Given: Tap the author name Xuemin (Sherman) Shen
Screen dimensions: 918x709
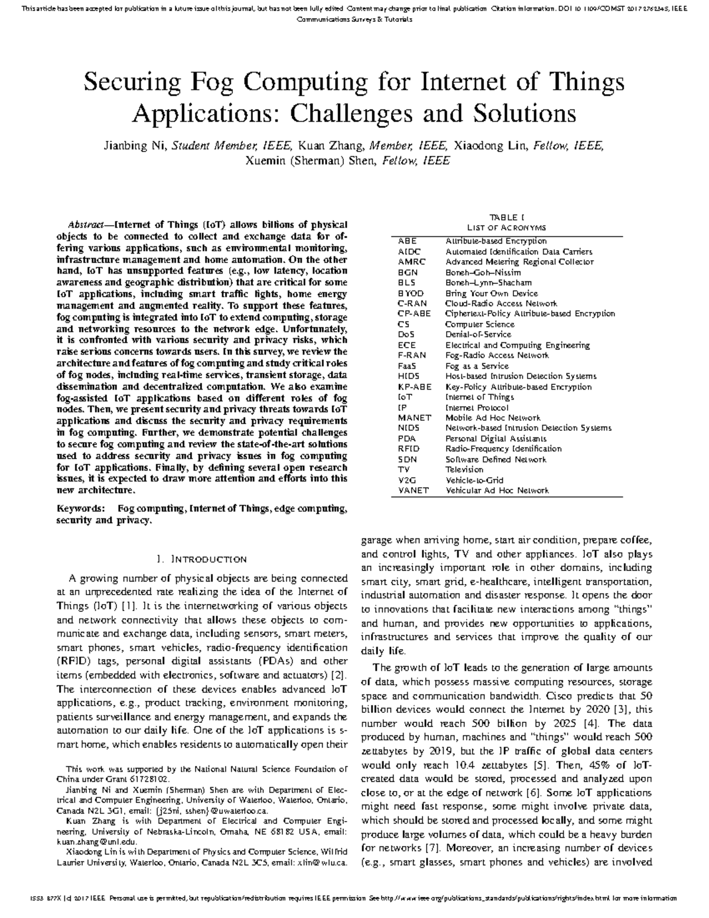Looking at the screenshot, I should coord(310,161).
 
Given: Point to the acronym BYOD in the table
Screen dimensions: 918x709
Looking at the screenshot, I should coord(410,293).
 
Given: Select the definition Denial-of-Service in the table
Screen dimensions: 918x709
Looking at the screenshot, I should coord(478,335).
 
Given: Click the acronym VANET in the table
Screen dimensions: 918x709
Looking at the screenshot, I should coord(414,490).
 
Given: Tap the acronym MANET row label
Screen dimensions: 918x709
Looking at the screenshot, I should coord(415,417).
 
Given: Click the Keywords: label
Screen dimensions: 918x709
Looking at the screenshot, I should coord(81,508).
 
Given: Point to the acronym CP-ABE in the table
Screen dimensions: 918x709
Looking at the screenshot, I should coord(414,314).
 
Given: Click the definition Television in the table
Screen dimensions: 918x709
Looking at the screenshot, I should coord(464,469).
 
